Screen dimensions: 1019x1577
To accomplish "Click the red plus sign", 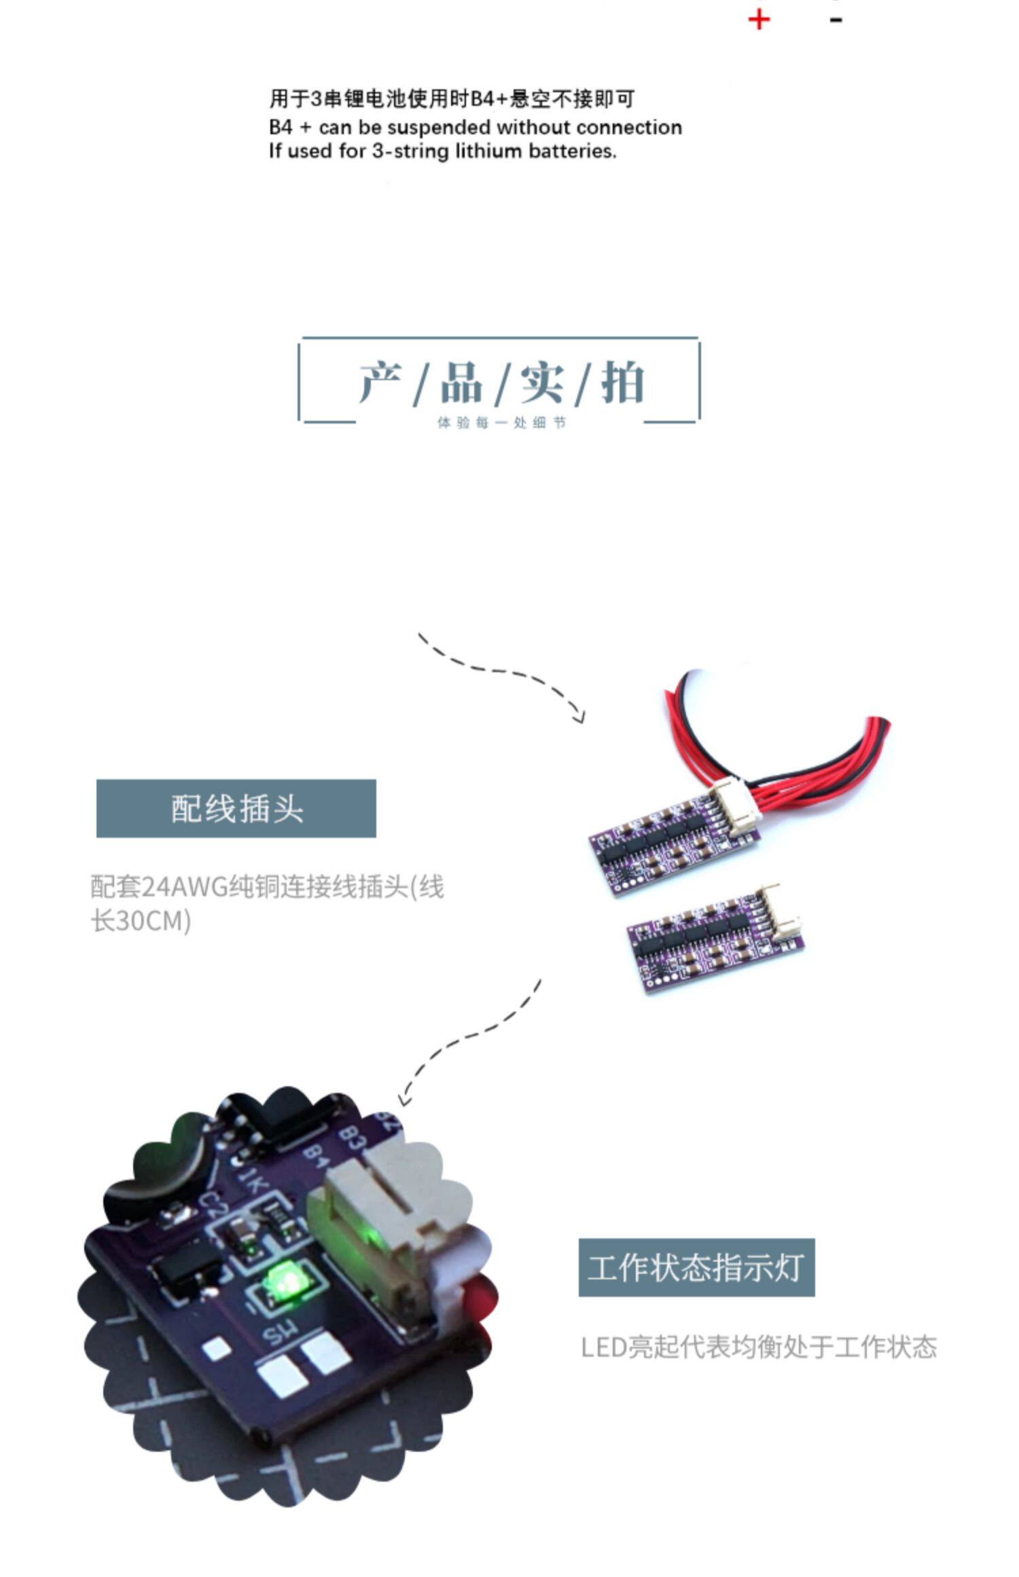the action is (759, 20).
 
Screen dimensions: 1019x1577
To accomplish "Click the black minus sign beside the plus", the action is (836, 20).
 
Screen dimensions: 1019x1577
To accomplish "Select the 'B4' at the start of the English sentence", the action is (281, 128).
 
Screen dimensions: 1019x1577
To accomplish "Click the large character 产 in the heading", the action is (380, 382).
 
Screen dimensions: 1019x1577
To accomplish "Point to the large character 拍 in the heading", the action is (622, 382).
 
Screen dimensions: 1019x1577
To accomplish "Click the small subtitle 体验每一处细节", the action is (501, 423).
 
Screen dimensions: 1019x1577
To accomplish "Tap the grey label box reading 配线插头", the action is (236, 808).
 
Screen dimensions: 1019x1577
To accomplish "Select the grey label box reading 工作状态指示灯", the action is (696, 1267).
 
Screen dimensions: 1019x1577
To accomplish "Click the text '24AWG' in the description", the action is (183, 887).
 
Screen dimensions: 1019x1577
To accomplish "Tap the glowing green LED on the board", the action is (286, 1280).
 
